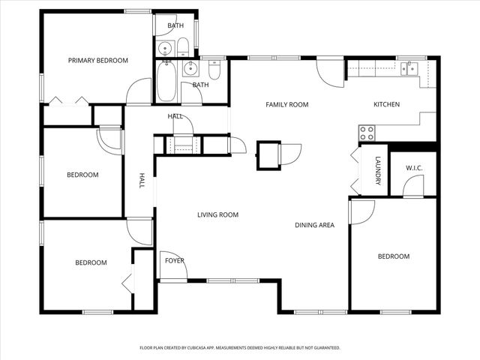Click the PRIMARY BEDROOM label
tap(97, 61)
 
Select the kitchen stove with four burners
tap(367, 133)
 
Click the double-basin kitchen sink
tap(409, 68)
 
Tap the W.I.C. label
tap(415, 168)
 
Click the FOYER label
tap(175, 261)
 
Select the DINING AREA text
tap(314, 224)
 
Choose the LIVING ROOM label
tap(217, 215)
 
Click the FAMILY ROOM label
tap(287, 105)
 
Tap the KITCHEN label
tap(387, 105)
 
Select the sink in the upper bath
tap(166, 49)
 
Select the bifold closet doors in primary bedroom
tap(71, 100)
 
